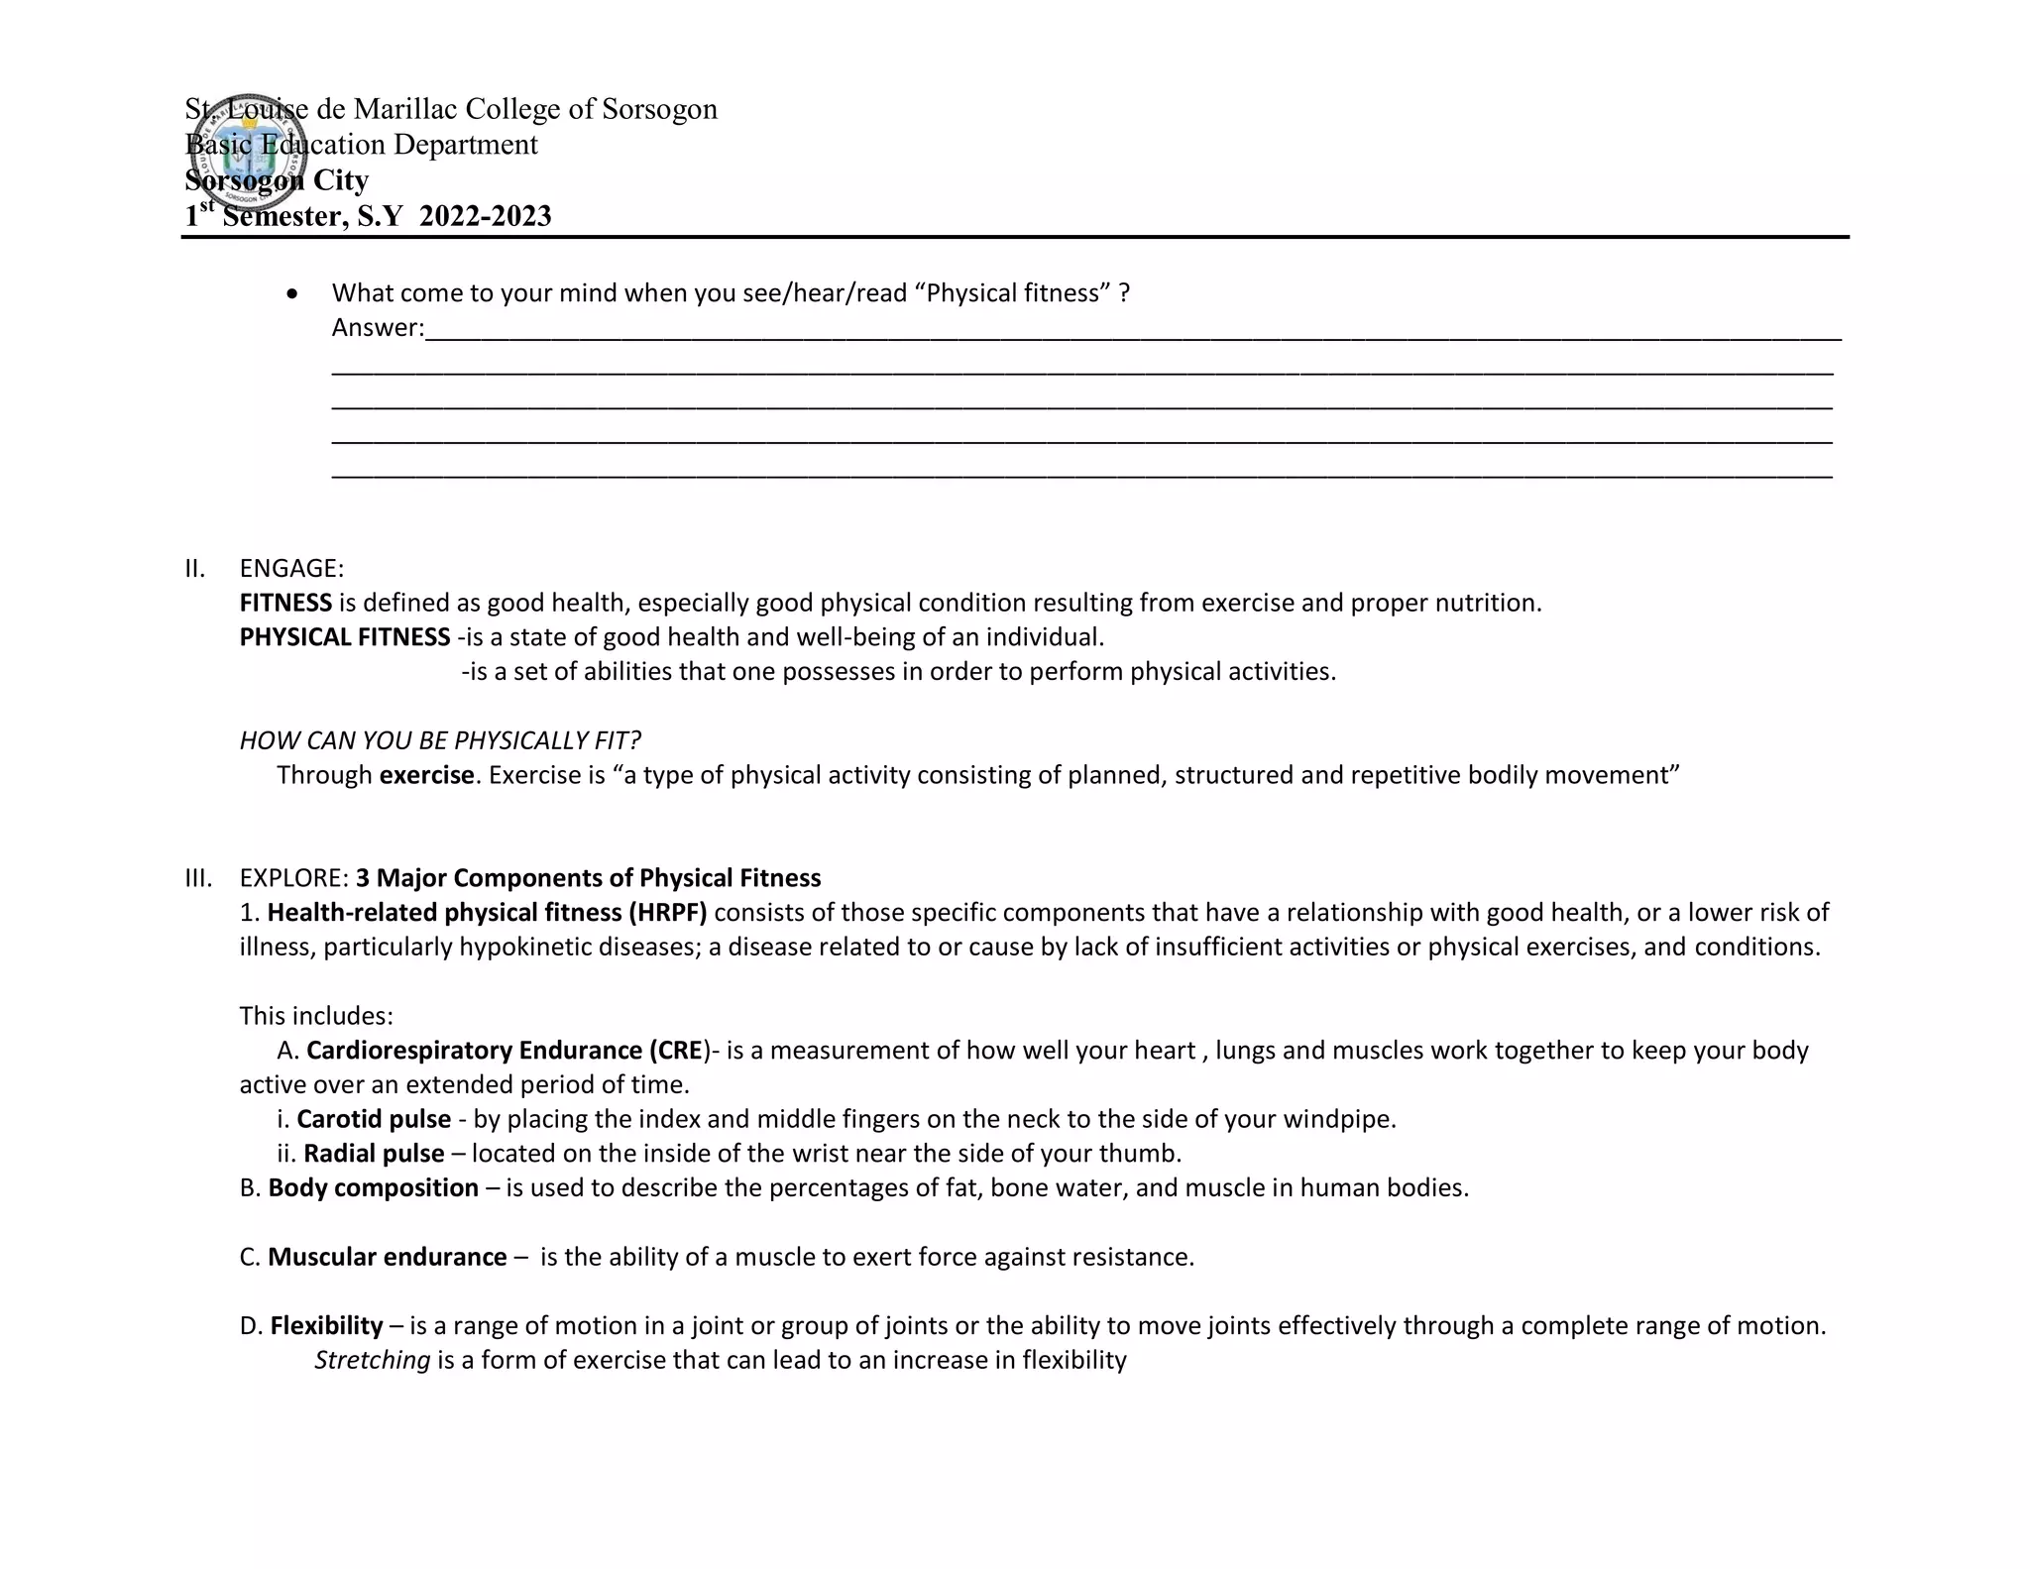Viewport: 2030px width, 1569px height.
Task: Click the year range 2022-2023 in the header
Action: pyautogui.click(x=485, y=216)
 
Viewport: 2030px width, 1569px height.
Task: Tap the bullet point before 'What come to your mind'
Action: pyautogui.click(x=291, y=294)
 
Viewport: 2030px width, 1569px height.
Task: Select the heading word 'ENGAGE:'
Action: pyautogui.click(x=291, y=569)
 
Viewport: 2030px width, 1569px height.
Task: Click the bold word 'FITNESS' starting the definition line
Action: pyautogui.click(x=285, y=603)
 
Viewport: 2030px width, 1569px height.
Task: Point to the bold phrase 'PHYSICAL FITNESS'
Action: pyautogui.click(x=344, y=637)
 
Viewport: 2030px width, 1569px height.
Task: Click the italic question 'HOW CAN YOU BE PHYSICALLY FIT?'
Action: pyautogui.click(x=440, y=740)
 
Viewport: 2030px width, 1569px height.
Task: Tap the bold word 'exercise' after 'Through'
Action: pyautogui.click(x=426, y=775)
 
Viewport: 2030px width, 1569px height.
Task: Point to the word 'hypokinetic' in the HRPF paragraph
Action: pyautogui.click(x=525, y=947)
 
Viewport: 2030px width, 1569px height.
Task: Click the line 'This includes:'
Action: pyautogui.click(x=316, y=1016)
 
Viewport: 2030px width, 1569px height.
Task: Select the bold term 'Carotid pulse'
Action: pyautogui.click(x=374, y=1119)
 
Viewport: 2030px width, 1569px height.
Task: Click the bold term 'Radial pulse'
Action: pyautogui.click(x=374, y=1154)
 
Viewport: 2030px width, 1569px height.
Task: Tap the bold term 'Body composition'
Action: pyautogui.click(x=373, y=1187)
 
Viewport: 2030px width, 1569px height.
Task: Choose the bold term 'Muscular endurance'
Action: pyautogui.click(x=387, y=1257)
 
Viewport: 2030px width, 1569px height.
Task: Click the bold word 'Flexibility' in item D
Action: pyautogui.click(x=326, y=1325)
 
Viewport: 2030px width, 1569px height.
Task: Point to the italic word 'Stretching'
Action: pyautogui.click(x=372, y=1360)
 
